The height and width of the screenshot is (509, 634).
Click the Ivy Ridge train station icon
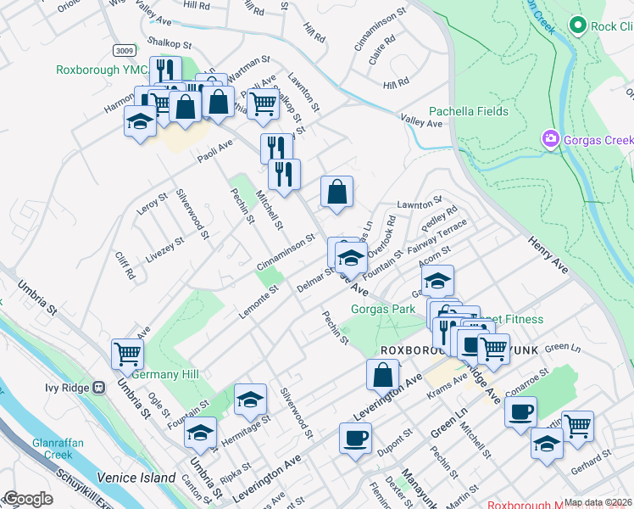pyautogui.click(x=99, y=388)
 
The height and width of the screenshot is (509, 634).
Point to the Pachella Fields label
pyautogui.click(x=469, y=111)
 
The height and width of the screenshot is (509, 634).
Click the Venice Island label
pyautogui.click(x=136, y=478)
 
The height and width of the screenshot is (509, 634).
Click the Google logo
pyautogui.click(x=28, y=499)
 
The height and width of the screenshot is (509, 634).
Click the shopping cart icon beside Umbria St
pyautogui.click(x=127, y=354)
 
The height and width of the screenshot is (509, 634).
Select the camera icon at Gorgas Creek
pyautogui.click(x=551, y=138)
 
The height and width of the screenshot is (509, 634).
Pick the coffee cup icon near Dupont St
pyautogui.click(x=355, y=438)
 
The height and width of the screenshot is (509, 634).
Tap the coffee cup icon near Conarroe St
pyautogui.click(x=520, y=411)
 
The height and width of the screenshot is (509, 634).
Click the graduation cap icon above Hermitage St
pyautogui.click(x=250, y=399)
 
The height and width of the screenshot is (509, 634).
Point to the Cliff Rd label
pyautogui.click(x=125, y=267)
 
